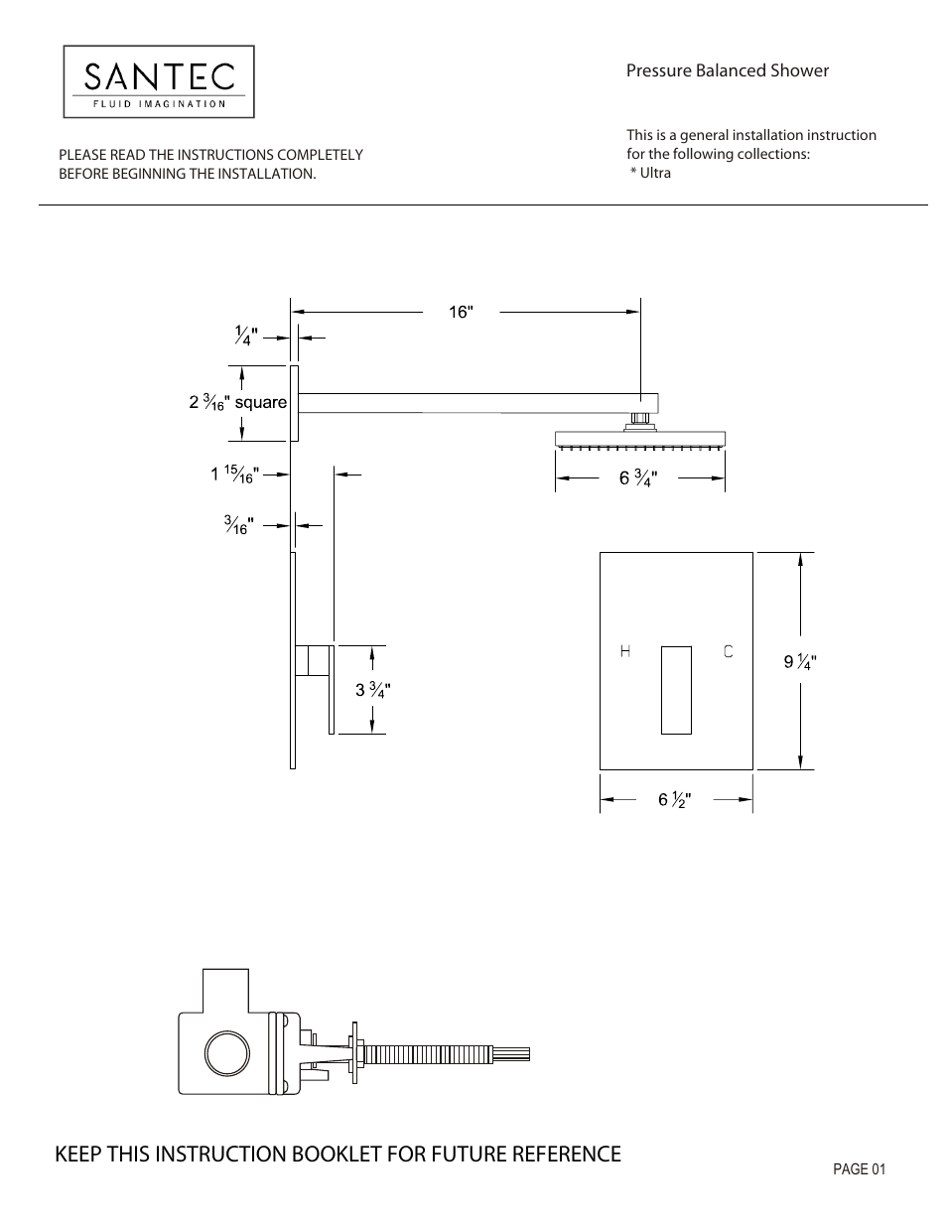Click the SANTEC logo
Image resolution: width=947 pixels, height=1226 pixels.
pos(159,81)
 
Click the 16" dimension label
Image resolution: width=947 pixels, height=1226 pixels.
pos(461,312)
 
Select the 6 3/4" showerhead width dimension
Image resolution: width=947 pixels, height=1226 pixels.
pos(638,478)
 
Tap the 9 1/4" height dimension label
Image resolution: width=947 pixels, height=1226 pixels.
pos(800,661)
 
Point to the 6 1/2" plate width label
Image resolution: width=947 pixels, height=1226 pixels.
pos(674,799)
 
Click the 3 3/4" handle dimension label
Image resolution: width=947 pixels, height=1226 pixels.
pos(372,690)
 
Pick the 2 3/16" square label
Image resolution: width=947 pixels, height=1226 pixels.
pos(237,402)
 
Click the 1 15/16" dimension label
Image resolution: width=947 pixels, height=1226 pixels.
pos(234,475)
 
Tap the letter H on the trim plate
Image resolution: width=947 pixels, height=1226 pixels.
pos(625,651)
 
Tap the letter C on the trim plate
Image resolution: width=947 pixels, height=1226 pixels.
pos(728,651)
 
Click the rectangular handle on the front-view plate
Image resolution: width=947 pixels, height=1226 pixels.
pos(676,689)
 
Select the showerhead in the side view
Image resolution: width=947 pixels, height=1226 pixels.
pos(641,438)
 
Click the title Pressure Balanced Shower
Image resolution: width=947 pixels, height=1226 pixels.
pos(727,70)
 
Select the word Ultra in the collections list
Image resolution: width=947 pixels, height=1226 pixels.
pos(655,173)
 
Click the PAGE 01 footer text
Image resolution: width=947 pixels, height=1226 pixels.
pos(859,1169)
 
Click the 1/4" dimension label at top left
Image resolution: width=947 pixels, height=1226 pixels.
pos(245,337)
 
